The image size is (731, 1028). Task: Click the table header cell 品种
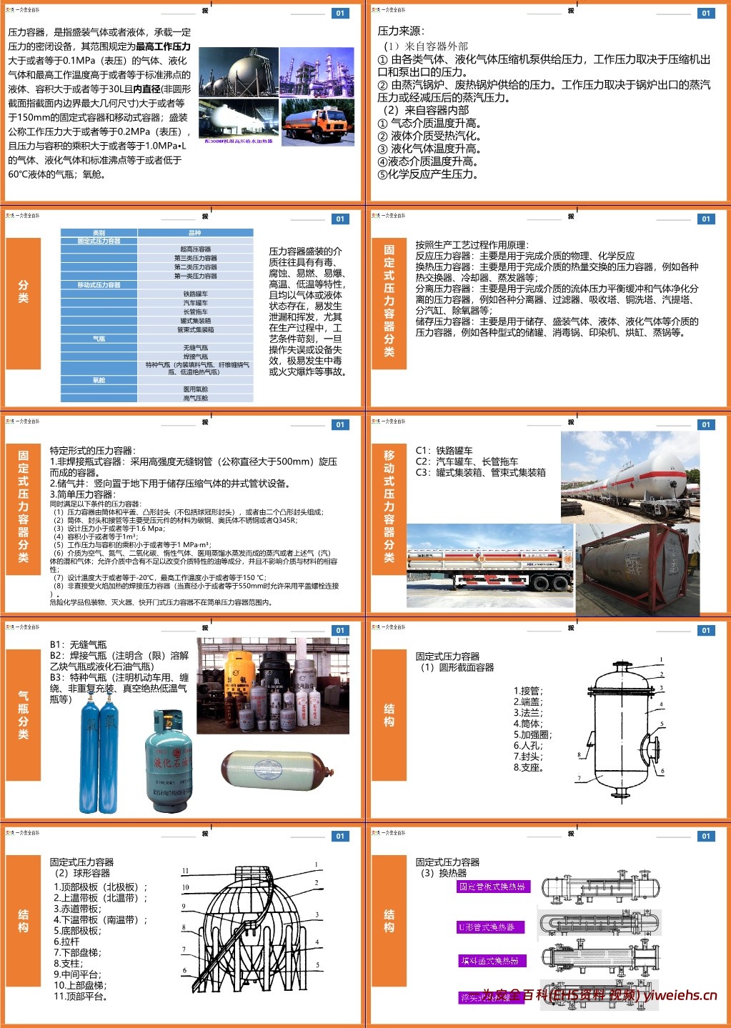[195, 233]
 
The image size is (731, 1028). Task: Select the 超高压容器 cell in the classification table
[195, 249]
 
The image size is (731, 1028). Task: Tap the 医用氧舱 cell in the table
[195, 389]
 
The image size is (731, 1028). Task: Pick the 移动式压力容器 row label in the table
[99, 285]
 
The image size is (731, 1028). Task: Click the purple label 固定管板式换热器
[492, 887]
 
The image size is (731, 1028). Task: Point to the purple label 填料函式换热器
[489, 961]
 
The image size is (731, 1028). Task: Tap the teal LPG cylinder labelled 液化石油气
[168, 761]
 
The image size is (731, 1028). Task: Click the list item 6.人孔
[528, 745]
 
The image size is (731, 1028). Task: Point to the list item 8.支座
[529, 767]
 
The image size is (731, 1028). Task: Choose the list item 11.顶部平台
[80, 996]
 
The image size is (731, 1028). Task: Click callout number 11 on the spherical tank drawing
[185, 871]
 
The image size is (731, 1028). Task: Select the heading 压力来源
[400, 31]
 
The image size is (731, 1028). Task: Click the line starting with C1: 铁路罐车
[444, 451]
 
